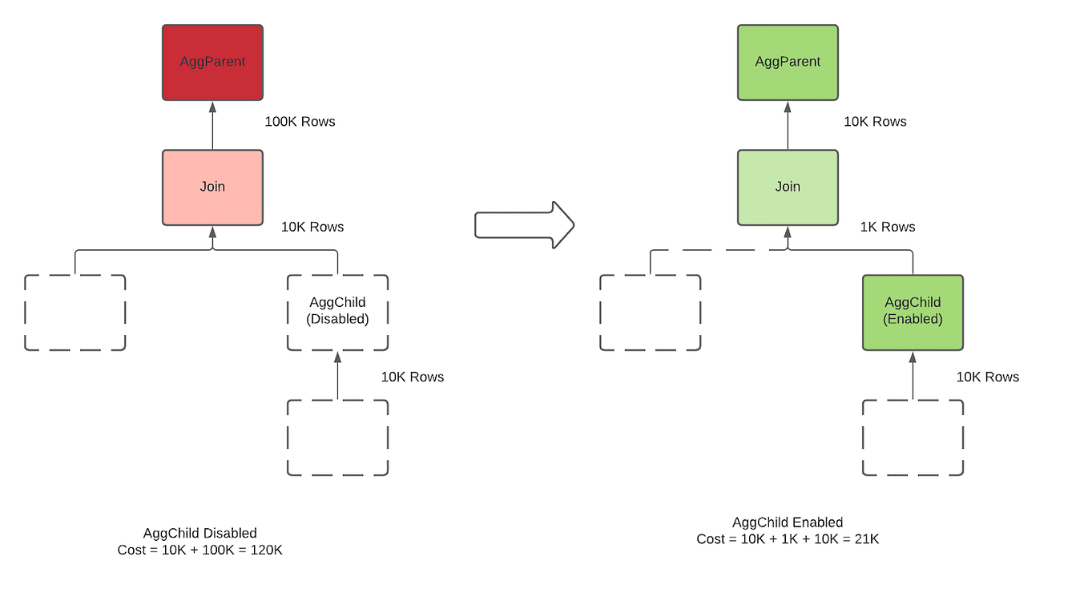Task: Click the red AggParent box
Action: [x=212, y=63]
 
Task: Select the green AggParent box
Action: [x=788, y=63]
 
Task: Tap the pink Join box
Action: [x=212, y=188]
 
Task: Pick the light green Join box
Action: [x=788, y=188]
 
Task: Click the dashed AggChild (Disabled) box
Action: [x=337, y=313]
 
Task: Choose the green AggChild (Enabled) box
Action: [x=913, y=313]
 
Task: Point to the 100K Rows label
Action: [x=300, y=122]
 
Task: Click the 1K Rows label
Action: [x=887, y=227]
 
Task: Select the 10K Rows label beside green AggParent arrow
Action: [x=875, y=122]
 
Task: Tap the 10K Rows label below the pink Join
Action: [x=312, y=227]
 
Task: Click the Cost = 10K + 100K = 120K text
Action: [x=199, y=550]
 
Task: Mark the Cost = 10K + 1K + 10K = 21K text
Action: [x=788, y=539]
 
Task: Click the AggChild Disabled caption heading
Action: [x=199, y=533]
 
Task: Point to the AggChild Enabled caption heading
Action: [x=788, y=522]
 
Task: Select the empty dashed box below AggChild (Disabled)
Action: [x=337, y=438]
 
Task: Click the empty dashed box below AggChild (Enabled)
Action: [x=913, y=438]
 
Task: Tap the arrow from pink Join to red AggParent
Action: [x=212, y=126]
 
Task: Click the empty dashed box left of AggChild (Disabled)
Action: [x=75, y=313]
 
